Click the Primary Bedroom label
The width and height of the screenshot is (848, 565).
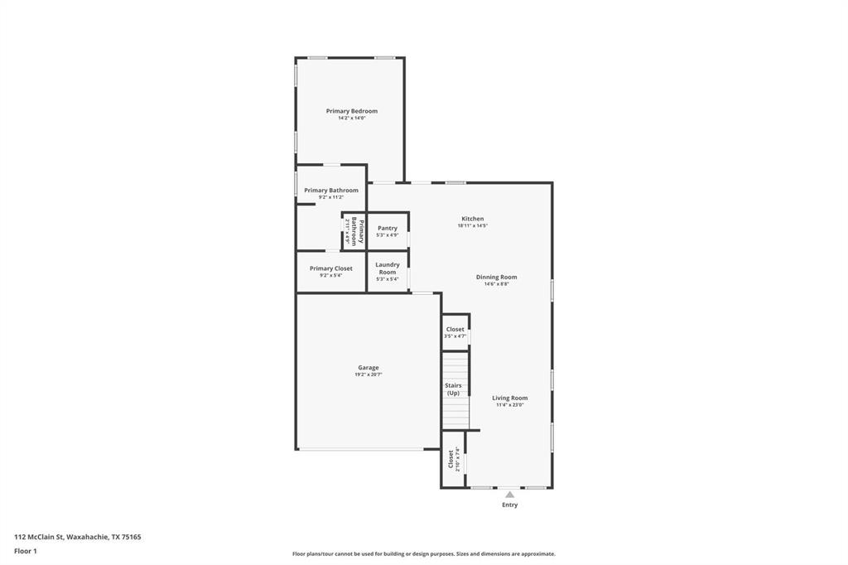[351, 111]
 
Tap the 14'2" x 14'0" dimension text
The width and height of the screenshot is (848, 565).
[351, 118]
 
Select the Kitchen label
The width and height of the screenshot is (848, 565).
[472, 219]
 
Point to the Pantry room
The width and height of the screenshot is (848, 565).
[388, 231]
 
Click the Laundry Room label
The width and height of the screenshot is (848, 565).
[388, 268]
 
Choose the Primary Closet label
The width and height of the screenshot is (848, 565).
[330, 268]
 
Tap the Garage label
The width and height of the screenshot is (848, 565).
[369, 368]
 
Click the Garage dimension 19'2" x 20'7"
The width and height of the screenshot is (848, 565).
[369, 375]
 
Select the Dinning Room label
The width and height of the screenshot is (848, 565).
[496, 277]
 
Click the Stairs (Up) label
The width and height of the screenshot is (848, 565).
[454, 389]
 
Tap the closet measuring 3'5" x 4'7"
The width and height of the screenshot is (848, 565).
[455, 332]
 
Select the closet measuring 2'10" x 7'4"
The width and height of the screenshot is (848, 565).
[453, 458]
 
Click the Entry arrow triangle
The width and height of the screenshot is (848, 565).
[509, 495]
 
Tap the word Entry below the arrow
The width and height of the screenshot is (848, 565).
[509, 505]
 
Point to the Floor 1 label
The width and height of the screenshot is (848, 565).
[26, 551]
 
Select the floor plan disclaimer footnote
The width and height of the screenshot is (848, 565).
[423, 554]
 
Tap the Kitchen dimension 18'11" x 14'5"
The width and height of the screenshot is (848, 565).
[472, 226]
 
